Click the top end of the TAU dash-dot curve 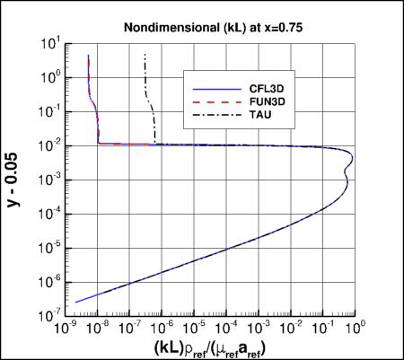(145, 55)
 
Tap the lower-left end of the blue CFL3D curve (75, 303)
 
